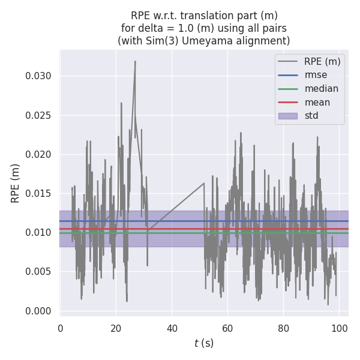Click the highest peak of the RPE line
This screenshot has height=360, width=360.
[135, 61]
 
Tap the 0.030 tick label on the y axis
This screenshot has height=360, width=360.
[37, 76]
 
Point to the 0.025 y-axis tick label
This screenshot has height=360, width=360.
[37, 115]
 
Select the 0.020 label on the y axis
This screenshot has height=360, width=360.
[37, 154]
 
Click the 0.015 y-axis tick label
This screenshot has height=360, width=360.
[37, 193]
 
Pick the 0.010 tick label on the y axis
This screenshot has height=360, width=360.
[37, 233]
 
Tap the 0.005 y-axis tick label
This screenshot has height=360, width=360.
[37, 272]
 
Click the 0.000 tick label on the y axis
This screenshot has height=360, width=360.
[37, 311]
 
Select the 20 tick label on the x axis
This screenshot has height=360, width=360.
[116, 328]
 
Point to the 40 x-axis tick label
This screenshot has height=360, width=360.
[172, 328]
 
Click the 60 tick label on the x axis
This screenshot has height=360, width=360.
[227, 328]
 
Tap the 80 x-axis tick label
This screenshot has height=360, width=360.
[283, 328]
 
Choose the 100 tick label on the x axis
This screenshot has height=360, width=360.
[339, 328]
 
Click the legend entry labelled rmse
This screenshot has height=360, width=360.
[316, 75]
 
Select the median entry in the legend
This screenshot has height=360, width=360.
[321, 89]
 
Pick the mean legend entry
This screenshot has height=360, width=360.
[317, 102]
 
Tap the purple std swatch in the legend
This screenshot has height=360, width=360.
[287, 116]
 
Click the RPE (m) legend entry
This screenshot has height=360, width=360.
[322, 61]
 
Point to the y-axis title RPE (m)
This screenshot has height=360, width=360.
[16, 183]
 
